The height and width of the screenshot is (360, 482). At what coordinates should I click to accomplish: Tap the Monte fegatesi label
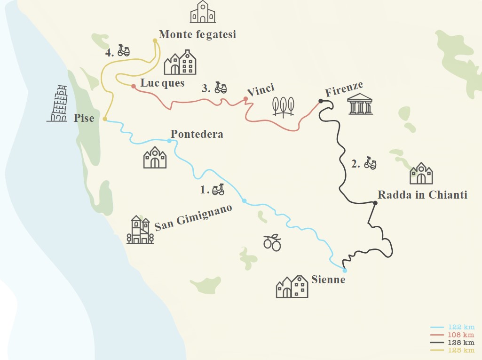point(197,34)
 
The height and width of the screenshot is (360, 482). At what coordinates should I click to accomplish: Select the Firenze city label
point(344,88)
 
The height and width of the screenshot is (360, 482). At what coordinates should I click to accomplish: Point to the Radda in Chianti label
point(422,195)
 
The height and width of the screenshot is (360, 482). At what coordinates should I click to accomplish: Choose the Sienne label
point(328,280)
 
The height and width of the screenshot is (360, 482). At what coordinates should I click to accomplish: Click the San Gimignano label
point(194,218)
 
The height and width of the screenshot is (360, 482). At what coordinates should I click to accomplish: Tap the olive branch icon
point(272,242)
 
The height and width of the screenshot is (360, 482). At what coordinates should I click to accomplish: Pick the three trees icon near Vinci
point(283,106)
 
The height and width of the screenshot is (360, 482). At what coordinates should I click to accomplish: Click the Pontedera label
point(197,134)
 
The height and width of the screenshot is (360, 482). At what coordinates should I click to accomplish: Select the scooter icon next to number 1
point(218,190)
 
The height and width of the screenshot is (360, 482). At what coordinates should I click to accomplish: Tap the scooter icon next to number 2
point(371,163)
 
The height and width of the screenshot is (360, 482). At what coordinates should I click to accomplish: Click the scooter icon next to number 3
point(221,88)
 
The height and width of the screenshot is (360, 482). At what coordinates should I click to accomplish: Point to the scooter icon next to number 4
point(124,50)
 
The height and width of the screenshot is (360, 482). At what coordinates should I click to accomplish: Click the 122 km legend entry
point(453,327)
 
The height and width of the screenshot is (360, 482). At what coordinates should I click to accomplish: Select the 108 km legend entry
point(453,335)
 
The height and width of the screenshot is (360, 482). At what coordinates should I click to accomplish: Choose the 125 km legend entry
point(453,350)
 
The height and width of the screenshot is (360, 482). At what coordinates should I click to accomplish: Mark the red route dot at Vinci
point(245,99)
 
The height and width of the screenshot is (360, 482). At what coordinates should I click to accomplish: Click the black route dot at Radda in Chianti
point(375,203)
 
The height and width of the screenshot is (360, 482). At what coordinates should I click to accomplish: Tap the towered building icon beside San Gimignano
point(140,230)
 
